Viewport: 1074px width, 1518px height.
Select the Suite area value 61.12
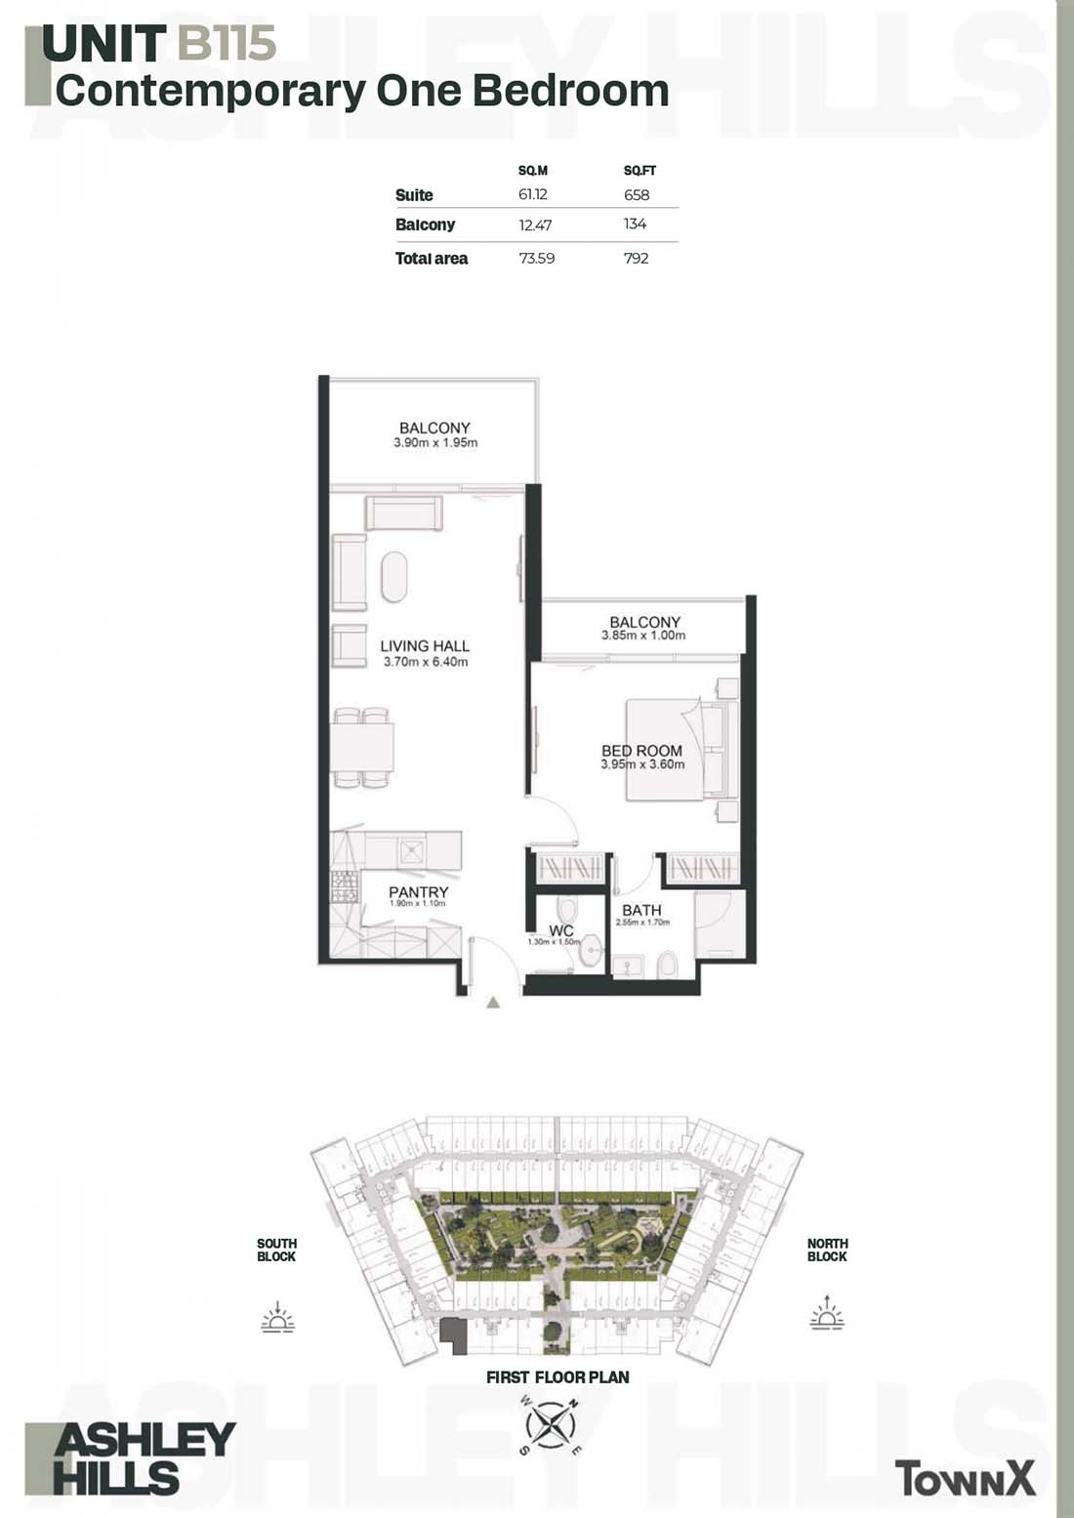(x=532, y=194)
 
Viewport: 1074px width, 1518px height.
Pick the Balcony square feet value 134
(x=635, y=224)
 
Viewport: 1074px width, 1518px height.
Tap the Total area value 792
(x=637, y=258)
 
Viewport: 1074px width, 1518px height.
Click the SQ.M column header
(x=532, y=171)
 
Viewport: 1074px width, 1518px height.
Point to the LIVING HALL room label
(x=425, y=646)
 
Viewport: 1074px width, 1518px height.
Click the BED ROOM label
(x=641, y=750)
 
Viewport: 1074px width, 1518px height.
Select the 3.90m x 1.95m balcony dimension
(x=435, y=443)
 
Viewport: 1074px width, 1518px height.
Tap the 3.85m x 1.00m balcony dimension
(x=643, y=636)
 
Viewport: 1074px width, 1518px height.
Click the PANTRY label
(x=419, y=892)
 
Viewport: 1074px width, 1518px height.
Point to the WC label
(x=561, y=930)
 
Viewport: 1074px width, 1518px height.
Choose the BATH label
(x=641, y=910)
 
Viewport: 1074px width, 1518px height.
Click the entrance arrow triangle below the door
(x=493, y=1003)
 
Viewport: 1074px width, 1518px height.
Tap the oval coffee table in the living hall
(x=394, y=577)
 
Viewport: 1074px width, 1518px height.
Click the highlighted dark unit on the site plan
(x=455, y=1336)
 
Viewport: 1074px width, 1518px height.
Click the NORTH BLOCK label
(x=827, y=1250)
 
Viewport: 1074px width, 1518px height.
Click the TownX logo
(x=965, y=1478)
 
